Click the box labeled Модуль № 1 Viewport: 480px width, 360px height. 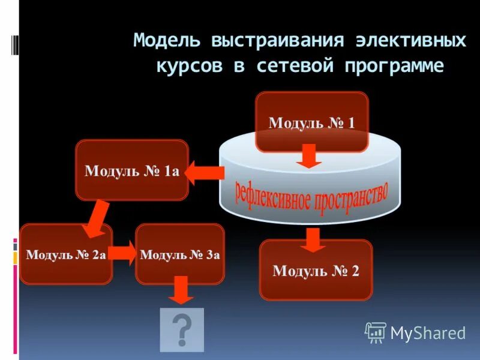[x=311, y=122]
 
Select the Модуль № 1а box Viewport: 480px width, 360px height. [x=132, y=170]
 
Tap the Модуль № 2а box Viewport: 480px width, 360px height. [x=66, y=254]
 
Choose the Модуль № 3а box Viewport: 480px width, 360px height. [x=180, y=254]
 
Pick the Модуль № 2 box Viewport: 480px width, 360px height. [x=316, y=270]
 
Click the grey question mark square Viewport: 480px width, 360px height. [x=182, y=329]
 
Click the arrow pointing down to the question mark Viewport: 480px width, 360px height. [x=181, y=291]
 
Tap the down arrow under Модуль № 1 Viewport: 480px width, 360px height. [x=310, y=156]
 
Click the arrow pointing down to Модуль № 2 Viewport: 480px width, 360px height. [x=311, y=240]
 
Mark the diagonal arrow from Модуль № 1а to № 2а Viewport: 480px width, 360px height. [x=96, y=220]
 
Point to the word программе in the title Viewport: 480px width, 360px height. [x=394, y=65]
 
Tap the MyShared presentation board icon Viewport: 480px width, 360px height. [x=376, y=332]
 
